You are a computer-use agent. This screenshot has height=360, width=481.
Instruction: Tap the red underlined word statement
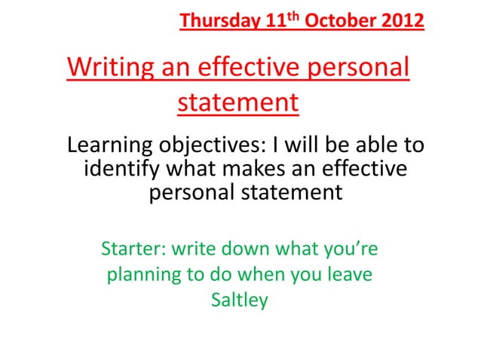point(237,101)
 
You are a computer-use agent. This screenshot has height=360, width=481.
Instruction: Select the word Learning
point(110,145)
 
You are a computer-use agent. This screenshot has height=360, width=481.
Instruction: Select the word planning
point(144,275)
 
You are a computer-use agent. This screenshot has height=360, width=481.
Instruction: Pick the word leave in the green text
point(349,275)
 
